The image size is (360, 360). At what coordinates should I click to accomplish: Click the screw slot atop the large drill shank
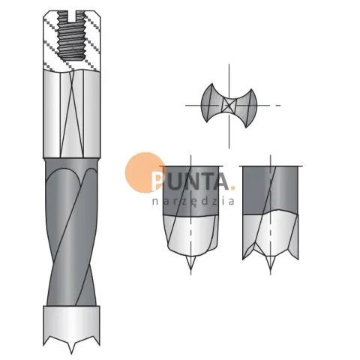(71, 16)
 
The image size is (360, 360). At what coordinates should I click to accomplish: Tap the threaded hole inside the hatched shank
(71, 37)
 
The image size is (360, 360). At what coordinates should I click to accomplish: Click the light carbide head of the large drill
(71, 325)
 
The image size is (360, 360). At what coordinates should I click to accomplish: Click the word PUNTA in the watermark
(190, 181)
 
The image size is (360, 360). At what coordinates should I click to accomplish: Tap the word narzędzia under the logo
(193, 202)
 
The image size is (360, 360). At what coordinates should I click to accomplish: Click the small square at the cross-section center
(229, 105)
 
